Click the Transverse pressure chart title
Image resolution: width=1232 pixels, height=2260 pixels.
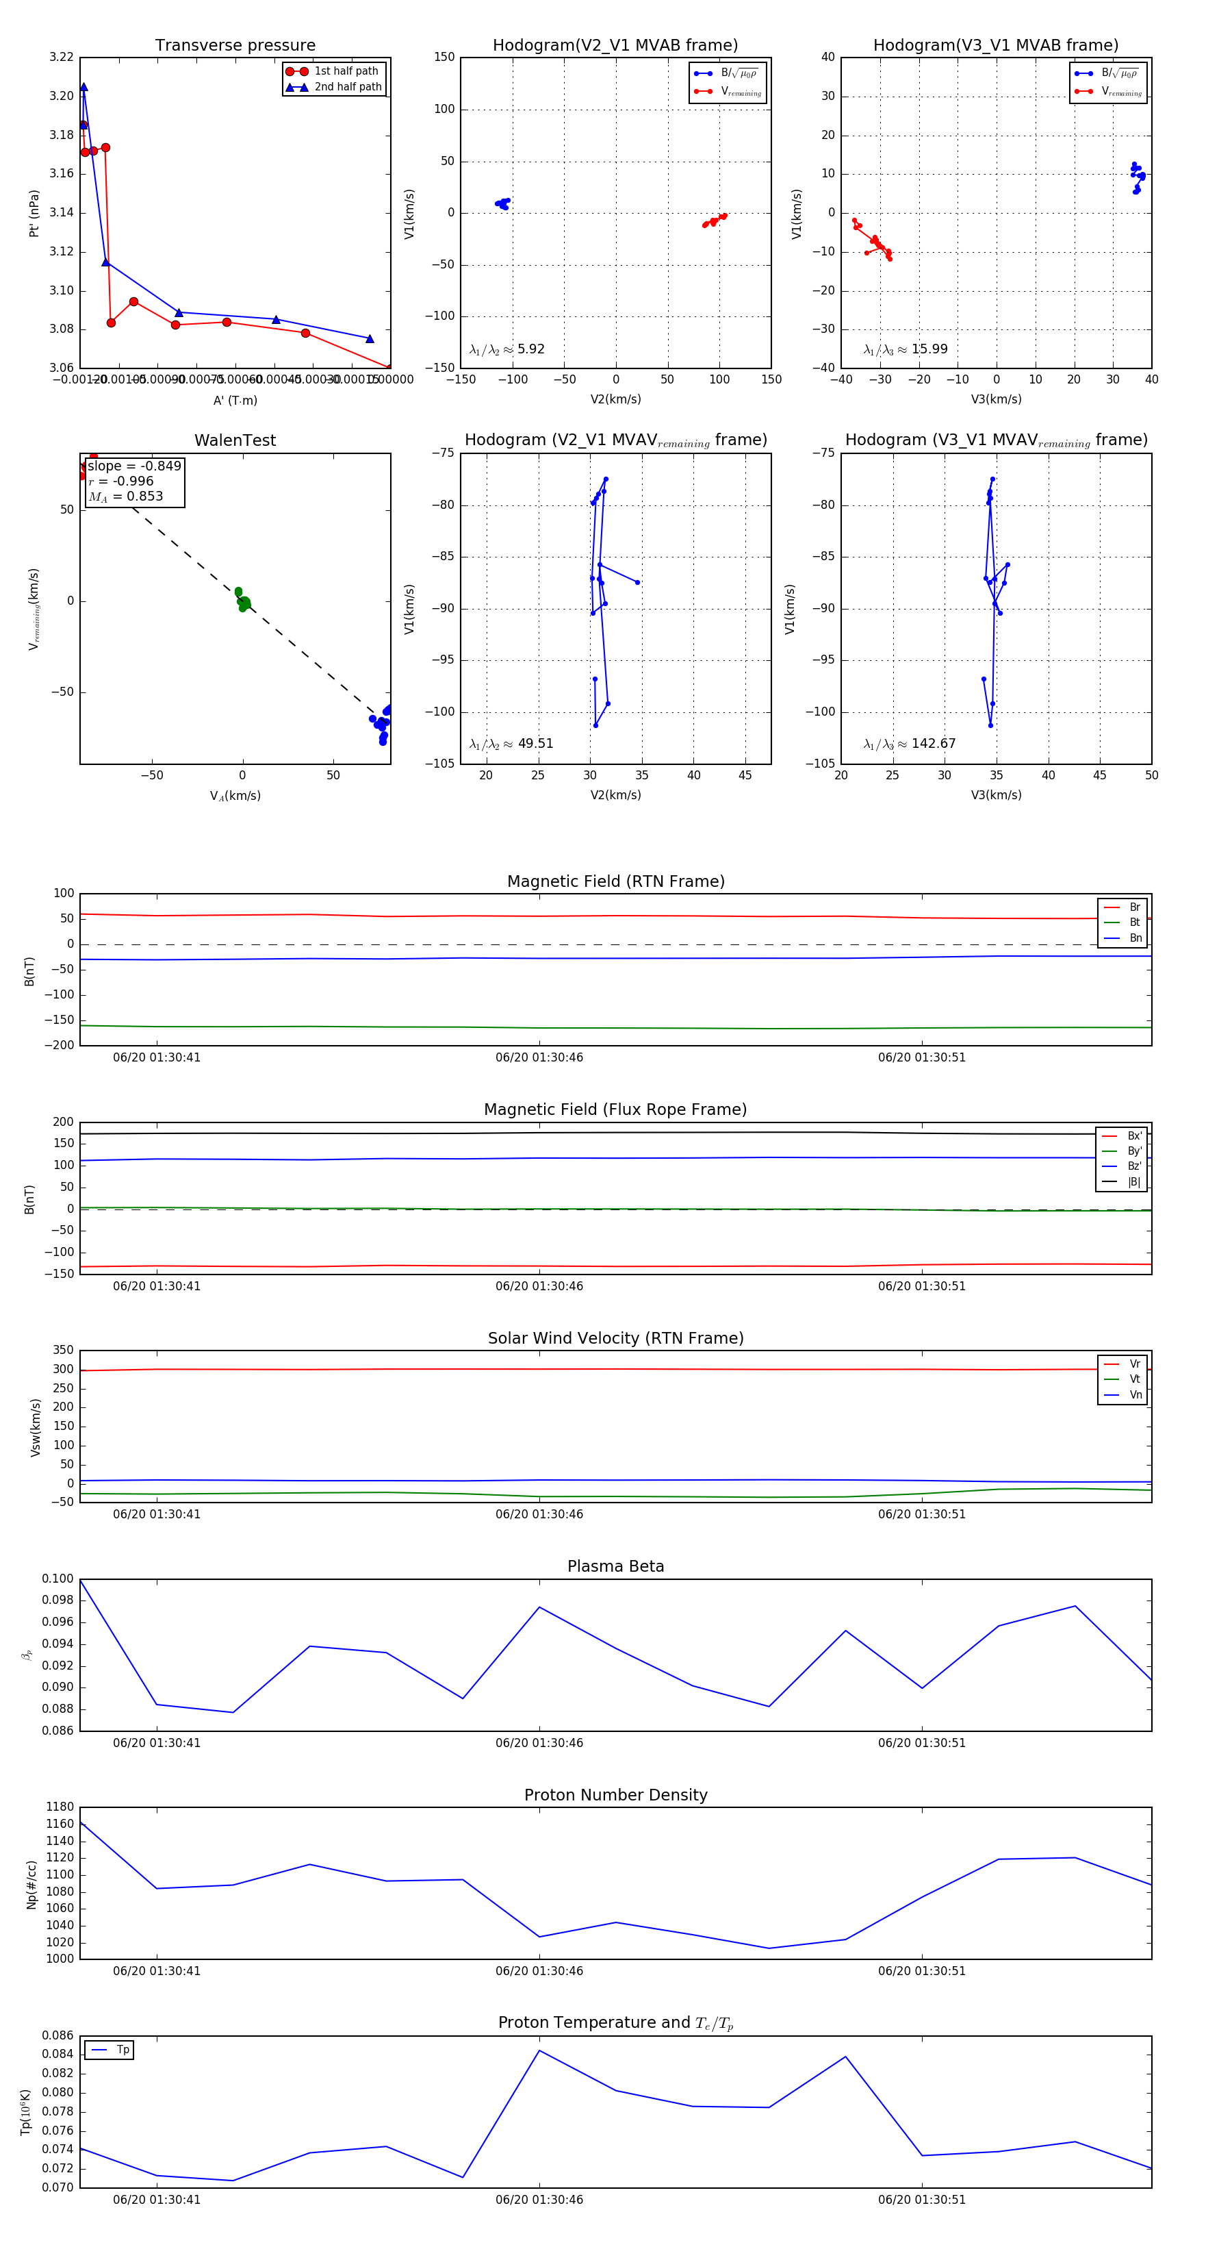pyautogui.click(x=235, y=46)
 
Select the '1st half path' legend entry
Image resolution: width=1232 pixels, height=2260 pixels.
pyautogui.click(x=346, y=71)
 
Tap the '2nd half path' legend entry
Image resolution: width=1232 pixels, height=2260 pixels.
pyautogui.click(x=347, y=87)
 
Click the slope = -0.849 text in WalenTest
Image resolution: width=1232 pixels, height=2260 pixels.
pyautogui.click(x=134, y=466)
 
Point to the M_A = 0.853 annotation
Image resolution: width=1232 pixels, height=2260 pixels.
pyautogui.click(x=125, y=497)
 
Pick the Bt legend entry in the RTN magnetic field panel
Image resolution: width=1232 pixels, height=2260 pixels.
pyautogui.click(x=1134, y=922)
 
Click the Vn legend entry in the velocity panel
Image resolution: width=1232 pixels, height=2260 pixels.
pyautogui.click(x=1135, y=1395)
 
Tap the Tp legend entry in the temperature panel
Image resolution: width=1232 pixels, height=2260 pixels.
pyautogui.click(x=123, y=2050)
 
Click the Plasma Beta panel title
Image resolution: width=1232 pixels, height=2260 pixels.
pyautogui.click(x=615, y=1567)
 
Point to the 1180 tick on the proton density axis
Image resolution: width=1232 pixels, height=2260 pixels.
pyautogui.click(x=60, y=1807)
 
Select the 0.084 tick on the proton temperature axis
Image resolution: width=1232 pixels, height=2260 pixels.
pyautogui.click(x=58, y=2055)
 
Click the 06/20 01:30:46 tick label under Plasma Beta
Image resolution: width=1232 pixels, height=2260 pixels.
pyautogui.click(x=539, y=1743)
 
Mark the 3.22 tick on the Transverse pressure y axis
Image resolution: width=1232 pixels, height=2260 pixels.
pyautogui.click(x=62, y=57)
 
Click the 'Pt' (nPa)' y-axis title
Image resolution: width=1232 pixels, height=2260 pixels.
pyautogui.click(x=34, y=213)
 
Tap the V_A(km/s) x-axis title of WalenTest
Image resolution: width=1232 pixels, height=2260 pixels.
pyautogui.click(x=235, y=796)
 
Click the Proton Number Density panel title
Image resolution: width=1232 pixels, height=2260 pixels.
pyautogui.click(x=615, y=1795)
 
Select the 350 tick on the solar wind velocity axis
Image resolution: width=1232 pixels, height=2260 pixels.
pyautogui.click(x=63, y=1351)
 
